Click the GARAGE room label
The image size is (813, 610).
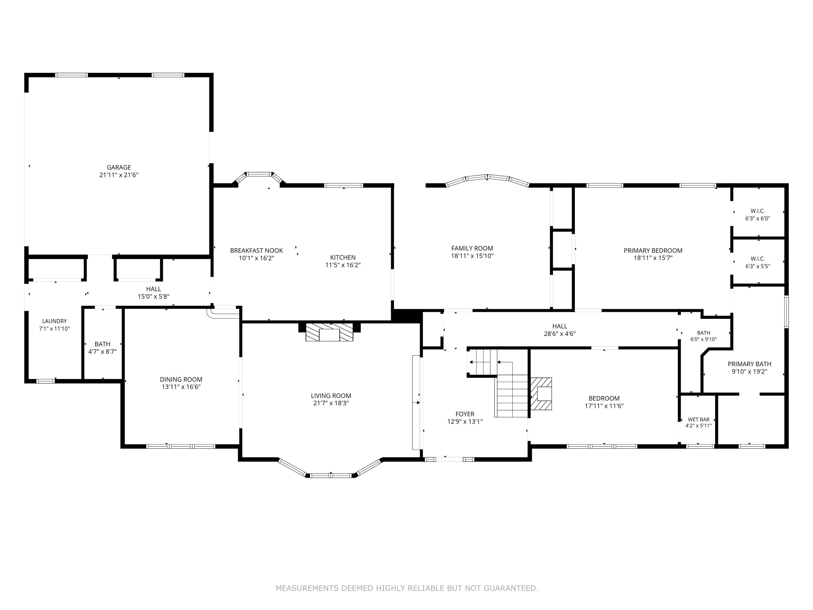click(119, 167)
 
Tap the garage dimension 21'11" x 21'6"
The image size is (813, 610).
click(119, 175)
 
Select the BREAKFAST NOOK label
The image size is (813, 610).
click(257, 251)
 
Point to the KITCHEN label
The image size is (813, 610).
click(343, 257)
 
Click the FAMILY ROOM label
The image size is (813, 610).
click(472, 248)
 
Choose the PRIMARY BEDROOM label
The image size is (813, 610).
click(653, 251)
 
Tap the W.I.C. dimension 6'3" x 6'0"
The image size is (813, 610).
click(758, 219)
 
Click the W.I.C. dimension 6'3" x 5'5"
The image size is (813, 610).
click(758, 266)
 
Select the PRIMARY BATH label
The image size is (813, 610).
click(749, 364)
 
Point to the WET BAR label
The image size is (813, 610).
click(699, 419)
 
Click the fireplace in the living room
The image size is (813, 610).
click(329, 332)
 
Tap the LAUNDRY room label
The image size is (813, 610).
click(54, 321)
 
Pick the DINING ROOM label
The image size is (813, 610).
click(181, 380)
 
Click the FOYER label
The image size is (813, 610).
click(465, 414)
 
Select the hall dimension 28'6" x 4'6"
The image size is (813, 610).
click(560, 334)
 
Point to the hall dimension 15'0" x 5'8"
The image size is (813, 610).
click(154, 296)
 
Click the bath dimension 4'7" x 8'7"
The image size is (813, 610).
click(102, 352)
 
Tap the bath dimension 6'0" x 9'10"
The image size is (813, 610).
click(704, 339)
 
